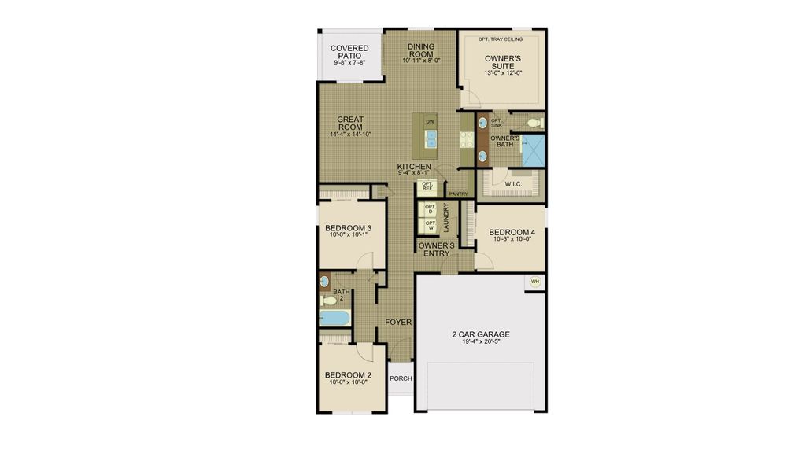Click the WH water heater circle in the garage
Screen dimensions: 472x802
(x=535, y=282)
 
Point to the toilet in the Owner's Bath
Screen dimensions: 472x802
(x=534, y=123)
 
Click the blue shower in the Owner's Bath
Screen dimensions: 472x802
(x=534, y=150)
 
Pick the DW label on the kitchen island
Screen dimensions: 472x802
(x=430, y=122)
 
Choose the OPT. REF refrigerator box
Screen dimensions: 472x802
(x=427, y=187)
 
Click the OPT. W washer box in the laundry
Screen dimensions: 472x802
(x=430, y=225)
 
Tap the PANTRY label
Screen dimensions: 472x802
(x=458, y=194)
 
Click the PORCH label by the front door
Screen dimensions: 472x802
(x=401, y=378)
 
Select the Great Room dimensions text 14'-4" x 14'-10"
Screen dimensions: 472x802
(x=350, y=135)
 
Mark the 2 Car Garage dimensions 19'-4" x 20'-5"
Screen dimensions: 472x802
(x=479, y=343)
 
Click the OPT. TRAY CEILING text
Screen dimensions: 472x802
(x=502, y=39)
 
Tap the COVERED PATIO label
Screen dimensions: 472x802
(x=349, y=53)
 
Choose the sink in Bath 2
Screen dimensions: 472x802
(x=324, y=281)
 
